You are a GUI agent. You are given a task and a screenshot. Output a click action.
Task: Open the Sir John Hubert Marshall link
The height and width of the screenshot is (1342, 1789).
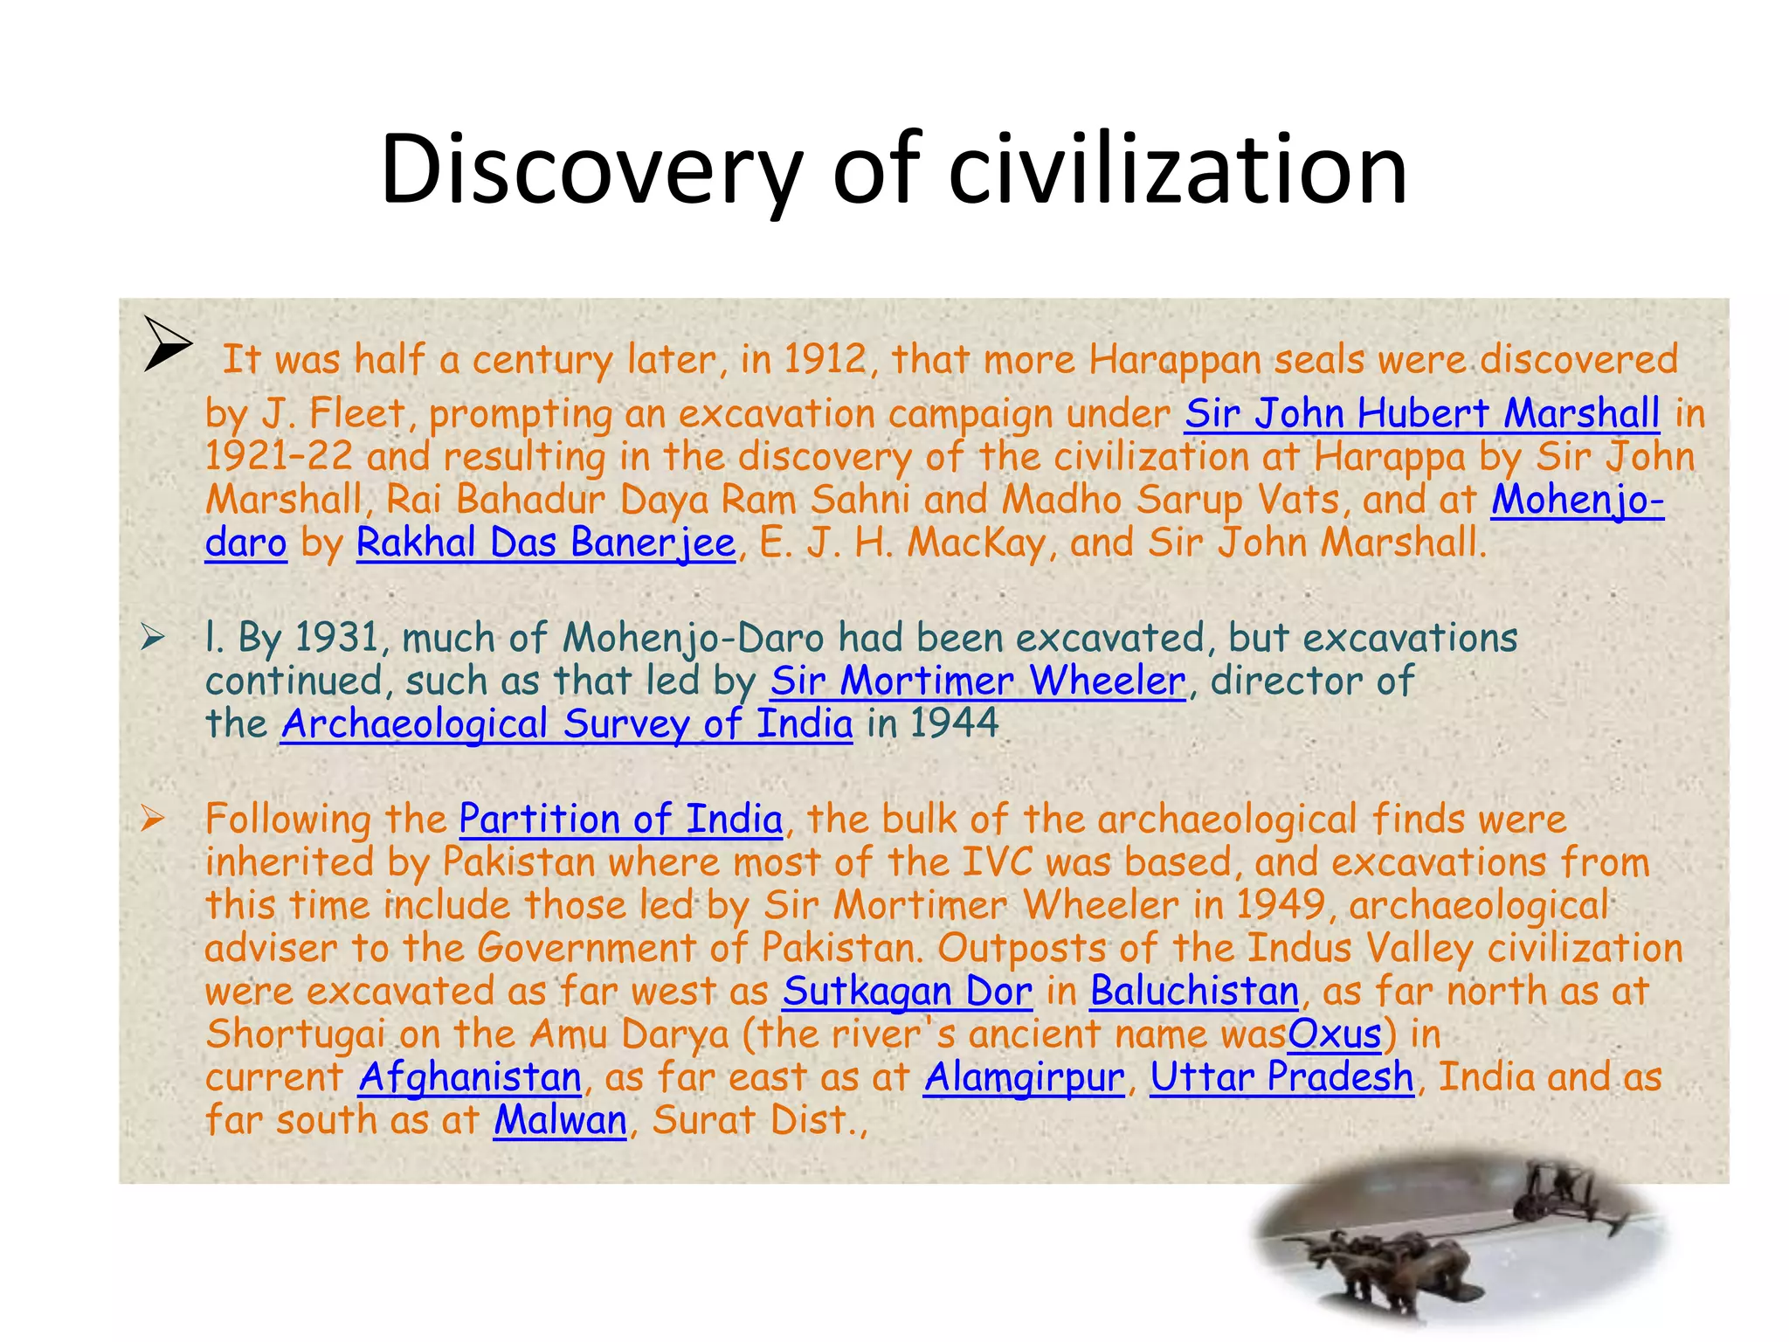tap(1421, 413)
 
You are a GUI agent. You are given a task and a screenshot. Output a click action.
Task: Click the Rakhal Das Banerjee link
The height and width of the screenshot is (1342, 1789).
tap(546, 543)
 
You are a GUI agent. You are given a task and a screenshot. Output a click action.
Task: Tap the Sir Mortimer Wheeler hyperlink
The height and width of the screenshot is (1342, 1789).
tap(977, 681)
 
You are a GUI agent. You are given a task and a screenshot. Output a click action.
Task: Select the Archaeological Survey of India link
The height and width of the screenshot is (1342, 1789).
tap(566, 724)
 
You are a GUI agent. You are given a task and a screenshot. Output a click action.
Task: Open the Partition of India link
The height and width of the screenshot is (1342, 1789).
tap(620, 820)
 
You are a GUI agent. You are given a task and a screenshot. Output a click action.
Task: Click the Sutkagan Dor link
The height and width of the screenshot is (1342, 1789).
tap(908, 992)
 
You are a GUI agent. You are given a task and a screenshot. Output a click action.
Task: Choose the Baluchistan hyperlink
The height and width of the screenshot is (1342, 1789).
tap(1194, 992)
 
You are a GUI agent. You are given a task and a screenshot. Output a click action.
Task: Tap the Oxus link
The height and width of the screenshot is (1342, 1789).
tap(1334, 1034)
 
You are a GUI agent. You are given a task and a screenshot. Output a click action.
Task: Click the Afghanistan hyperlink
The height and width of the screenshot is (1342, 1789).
tap(470, 1077)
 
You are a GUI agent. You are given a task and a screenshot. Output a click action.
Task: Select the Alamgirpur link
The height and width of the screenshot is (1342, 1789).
tap(1024, 1077)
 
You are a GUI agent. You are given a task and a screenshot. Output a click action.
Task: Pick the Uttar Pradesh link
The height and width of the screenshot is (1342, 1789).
tap(1281, 1077)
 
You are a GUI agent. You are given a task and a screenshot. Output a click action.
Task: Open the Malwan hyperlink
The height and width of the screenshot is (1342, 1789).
tap(560, 1120)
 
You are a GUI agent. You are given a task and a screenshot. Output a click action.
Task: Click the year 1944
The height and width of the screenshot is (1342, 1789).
tap(954, 724)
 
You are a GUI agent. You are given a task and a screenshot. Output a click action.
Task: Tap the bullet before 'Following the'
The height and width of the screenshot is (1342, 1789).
tap(153, 819)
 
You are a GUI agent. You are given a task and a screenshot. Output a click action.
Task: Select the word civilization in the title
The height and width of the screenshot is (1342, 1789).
tap(1178, 169)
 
